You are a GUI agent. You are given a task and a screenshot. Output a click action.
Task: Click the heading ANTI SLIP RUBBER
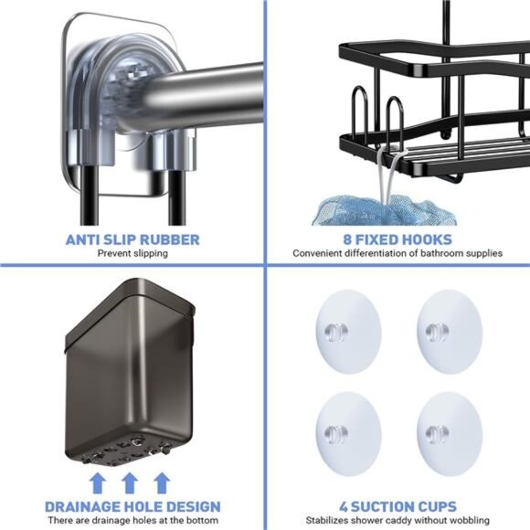(132, 240)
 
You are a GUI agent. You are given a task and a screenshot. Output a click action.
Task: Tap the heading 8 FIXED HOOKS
(397, 240)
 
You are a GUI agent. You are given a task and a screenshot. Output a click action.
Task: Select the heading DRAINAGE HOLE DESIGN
(132, 506)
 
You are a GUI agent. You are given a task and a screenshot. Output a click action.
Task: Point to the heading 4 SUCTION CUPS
(397, 506)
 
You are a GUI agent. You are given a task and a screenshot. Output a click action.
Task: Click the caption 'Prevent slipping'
(132, 253)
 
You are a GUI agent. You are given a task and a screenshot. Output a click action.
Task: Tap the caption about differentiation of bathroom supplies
(397, 253)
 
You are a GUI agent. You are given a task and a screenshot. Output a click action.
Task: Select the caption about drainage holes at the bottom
(132, 520)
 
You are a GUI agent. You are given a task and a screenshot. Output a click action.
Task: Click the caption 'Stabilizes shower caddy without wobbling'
(397, 520)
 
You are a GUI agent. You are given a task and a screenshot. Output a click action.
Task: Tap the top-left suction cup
(346, 329)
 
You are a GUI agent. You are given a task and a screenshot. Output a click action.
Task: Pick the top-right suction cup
(449, 329)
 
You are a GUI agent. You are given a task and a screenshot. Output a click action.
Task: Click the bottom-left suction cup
(346, 430)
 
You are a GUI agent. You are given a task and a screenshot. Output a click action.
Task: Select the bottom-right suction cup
(449, 430)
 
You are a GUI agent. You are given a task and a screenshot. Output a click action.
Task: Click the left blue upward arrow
(98, 482)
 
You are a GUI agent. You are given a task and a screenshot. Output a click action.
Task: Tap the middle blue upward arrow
(130, 482)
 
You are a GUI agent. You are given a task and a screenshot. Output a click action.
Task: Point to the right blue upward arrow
(162, 482)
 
